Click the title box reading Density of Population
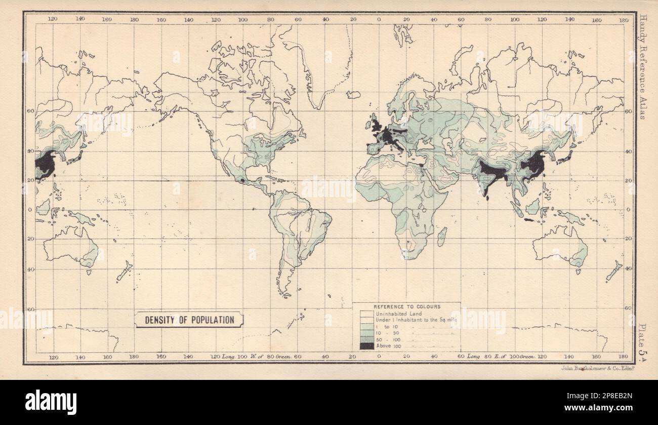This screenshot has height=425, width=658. tap(189, 320)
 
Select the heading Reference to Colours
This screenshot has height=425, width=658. tap(406, 307)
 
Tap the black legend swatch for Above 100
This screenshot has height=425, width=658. tap(366, 346)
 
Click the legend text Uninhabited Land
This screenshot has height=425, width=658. tap(398, 314)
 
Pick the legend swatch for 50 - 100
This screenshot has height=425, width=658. tap(366, 339)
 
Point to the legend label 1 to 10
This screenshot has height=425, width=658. tap(390, 327)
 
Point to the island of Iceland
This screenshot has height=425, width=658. tap(353, 95)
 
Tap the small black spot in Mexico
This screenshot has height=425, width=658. tap(242, 180)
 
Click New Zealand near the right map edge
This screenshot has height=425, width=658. tap(613, 272)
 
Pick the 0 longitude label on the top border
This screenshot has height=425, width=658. tap(379, 20)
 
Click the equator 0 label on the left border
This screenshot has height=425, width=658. tap(30, 209)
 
